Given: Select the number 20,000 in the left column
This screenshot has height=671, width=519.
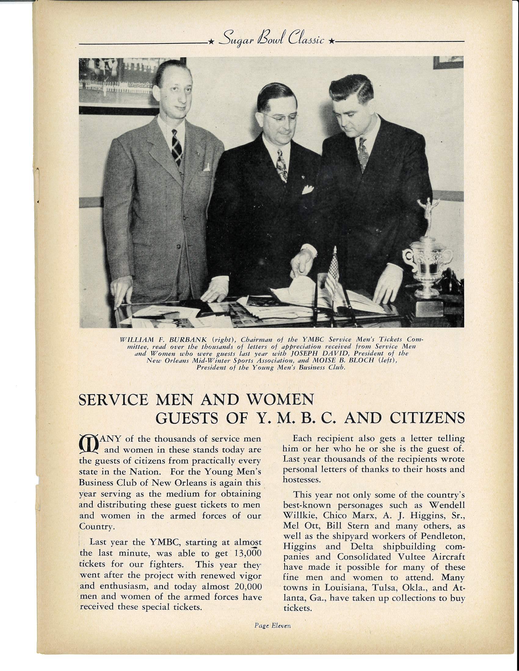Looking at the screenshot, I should tap(248, 587).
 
